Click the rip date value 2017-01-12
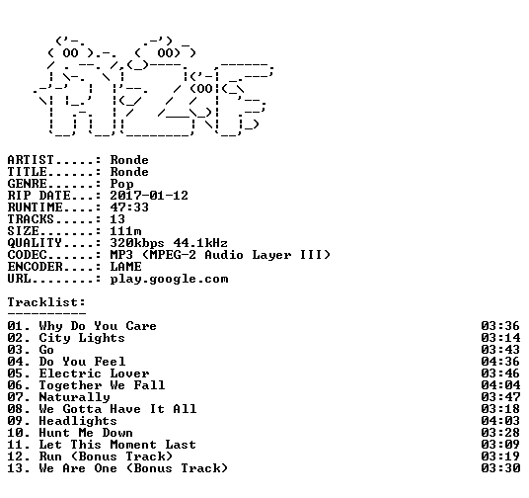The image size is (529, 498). (149, 196)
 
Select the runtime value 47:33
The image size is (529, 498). (129, 207)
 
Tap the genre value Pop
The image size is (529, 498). (121, 185)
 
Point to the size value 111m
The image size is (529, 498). (125, 231)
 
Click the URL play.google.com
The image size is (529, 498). (169, 279)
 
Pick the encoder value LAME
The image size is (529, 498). (125, 267)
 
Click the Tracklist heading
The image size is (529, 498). (46, 302)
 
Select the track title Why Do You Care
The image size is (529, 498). (98, 326)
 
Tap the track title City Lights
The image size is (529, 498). (82, 338)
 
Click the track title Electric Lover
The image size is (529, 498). (94, 373)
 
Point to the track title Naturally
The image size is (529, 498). (75, 397)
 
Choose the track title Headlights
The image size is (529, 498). (78, 421)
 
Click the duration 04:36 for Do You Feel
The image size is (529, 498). (500, 362)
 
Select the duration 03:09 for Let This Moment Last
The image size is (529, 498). (500, 445)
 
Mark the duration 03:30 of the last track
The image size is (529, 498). (500, 468)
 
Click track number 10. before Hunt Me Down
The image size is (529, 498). (19, 433)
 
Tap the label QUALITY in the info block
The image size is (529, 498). (35, 243)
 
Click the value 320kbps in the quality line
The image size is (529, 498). (137, 244)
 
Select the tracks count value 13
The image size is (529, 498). (117, 219)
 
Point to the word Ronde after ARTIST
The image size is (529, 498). (129, 160)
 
